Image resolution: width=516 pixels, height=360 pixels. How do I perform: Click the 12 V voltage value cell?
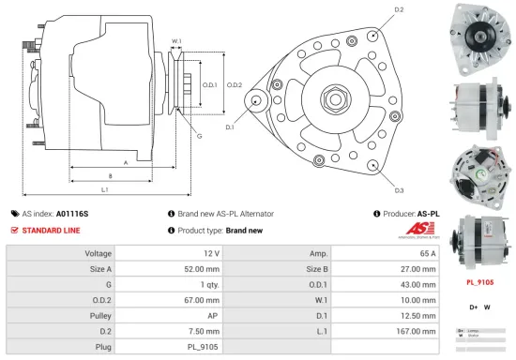(210, 253)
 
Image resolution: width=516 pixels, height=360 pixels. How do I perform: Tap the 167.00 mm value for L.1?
(417, 331)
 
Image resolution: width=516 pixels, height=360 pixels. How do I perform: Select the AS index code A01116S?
(72, 214)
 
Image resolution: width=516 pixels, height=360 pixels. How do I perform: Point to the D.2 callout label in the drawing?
(399, 9)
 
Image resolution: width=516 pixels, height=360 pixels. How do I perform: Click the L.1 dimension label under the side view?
(105, 190)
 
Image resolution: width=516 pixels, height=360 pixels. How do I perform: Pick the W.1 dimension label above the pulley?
(176, 41)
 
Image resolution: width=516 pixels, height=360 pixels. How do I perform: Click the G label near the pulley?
(198, 137)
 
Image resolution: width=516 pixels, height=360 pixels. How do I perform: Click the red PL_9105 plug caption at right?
(480, 281)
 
